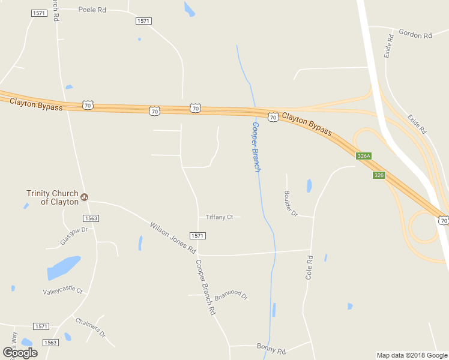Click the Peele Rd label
(92, 10)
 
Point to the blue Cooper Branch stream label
(256, 147)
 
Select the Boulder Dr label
(290, 203)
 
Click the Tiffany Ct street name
(219, 217)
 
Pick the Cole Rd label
(310, 268)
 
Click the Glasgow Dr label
(74, 236)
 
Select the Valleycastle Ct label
(62, 291)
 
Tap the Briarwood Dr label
(231, 295)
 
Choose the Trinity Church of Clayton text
(52, 197)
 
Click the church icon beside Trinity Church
(84, 197)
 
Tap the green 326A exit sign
(364, 156)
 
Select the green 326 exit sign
(379, 175)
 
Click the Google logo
(20, 353)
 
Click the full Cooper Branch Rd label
(205, 287)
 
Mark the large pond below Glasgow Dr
(64, 268)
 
